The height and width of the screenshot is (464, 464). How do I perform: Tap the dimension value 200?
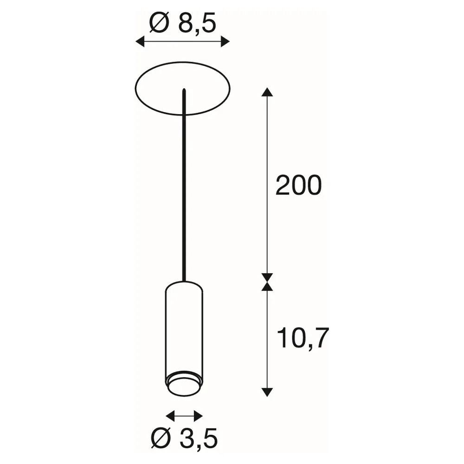(298, 186)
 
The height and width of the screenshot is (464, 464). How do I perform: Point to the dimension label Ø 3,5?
(184, 438)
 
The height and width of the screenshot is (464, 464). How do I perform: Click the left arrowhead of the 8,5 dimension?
(140, 42)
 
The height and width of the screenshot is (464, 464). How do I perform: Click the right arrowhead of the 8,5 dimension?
(225, 42)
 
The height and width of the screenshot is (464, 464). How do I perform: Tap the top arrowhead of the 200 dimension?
(267, 92)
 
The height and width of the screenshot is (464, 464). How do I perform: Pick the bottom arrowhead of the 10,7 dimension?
(267, 392)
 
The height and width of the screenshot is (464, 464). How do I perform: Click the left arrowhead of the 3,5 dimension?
(170, 416)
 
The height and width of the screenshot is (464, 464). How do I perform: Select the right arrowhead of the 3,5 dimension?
(198, 416)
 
